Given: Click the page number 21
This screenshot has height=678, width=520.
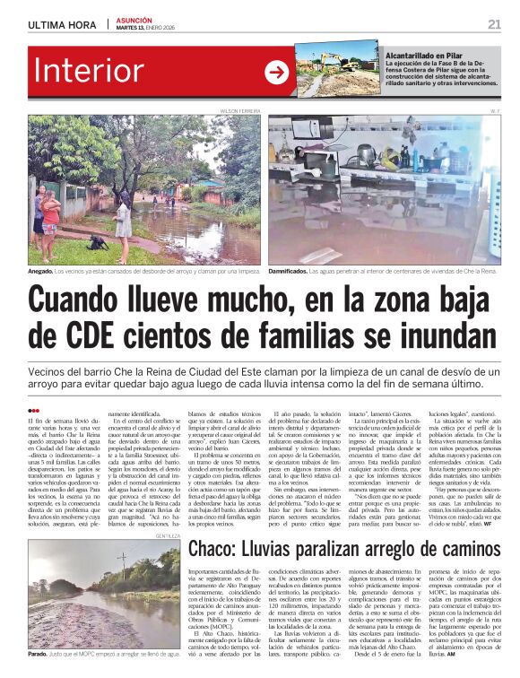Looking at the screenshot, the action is [494, 24].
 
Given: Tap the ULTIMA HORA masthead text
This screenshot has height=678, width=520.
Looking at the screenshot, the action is [64, 25].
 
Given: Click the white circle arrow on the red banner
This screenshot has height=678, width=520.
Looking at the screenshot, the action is [276, 72].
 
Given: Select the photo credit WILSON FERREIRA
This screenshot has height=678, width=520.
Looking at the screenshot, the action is [241, 111].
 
